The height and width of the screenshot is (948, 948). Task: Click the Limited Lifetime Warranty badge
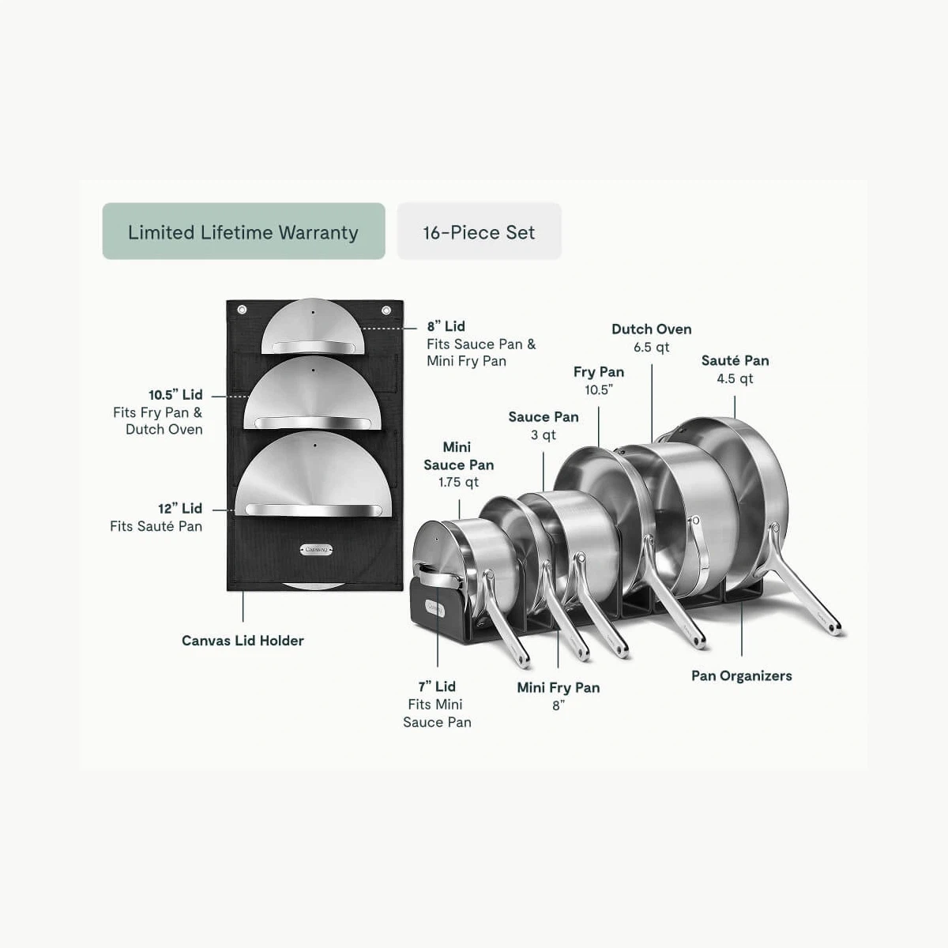pyautogui.click(x=243, y=231)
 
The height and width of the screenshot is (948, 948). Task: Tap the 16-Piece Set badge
pyautogui.click(x=480, y=231)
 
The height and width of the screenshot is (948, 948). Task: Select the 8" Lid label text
pyautogui.click(x=446, y=326)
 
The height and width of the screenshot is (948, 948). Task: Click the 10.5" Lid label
pyautogui.click(x=175, y=394)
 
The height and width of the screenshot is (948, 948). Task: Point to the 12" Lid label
pyautogui.click(x=180, y=508)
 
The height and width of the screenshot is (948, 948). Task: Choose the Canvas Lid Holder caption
pyautogui.click(x=243, y=641)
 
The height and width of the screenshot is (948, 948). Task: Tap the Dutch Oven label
pyautogui.click(x=651, y=329)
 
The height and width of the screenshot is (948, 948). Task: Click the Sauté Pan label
pyautogui.click(x=735, y=360)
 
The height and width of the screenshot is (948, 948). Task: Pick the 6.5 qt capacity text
pyautogui.click(x=651, y=348)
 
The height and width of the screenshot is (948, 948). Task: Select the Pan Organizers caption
pyautogui.click(x=741, y=676)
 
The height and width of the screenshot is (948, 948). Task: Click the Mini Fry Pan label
pyautogui.click(x=559, y=688)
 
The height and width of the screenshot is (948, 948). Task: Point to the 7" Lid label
pyautogui.click(x=437, y=687)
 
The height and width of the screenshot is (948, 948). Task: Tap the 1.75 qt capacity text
pyautogui.click(x=458, y=482)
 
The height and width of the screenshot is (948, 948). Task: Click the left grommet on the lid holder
pyautogui.click(x=242, y=310)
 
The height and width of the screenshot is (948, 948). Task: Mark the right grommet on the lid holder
pyautogui.click(x=386, y=310)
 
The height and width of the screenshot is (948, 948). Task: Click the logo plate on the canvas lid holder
pyautogui.click(x=316, y=550)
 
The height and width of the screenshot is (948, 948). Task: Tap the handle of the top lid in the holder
pyautogui.click(x=314, y=347)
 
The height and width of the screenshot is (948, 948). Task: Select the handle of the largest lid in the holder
pyautogui.click(x=314, y=510)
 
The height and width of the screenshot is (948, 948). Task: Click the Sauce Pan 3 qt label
pyautogui.click(x=543, y=426)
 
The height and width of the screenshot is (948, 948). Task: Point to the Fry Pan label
pyautogui.click(x=599, y=372)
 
